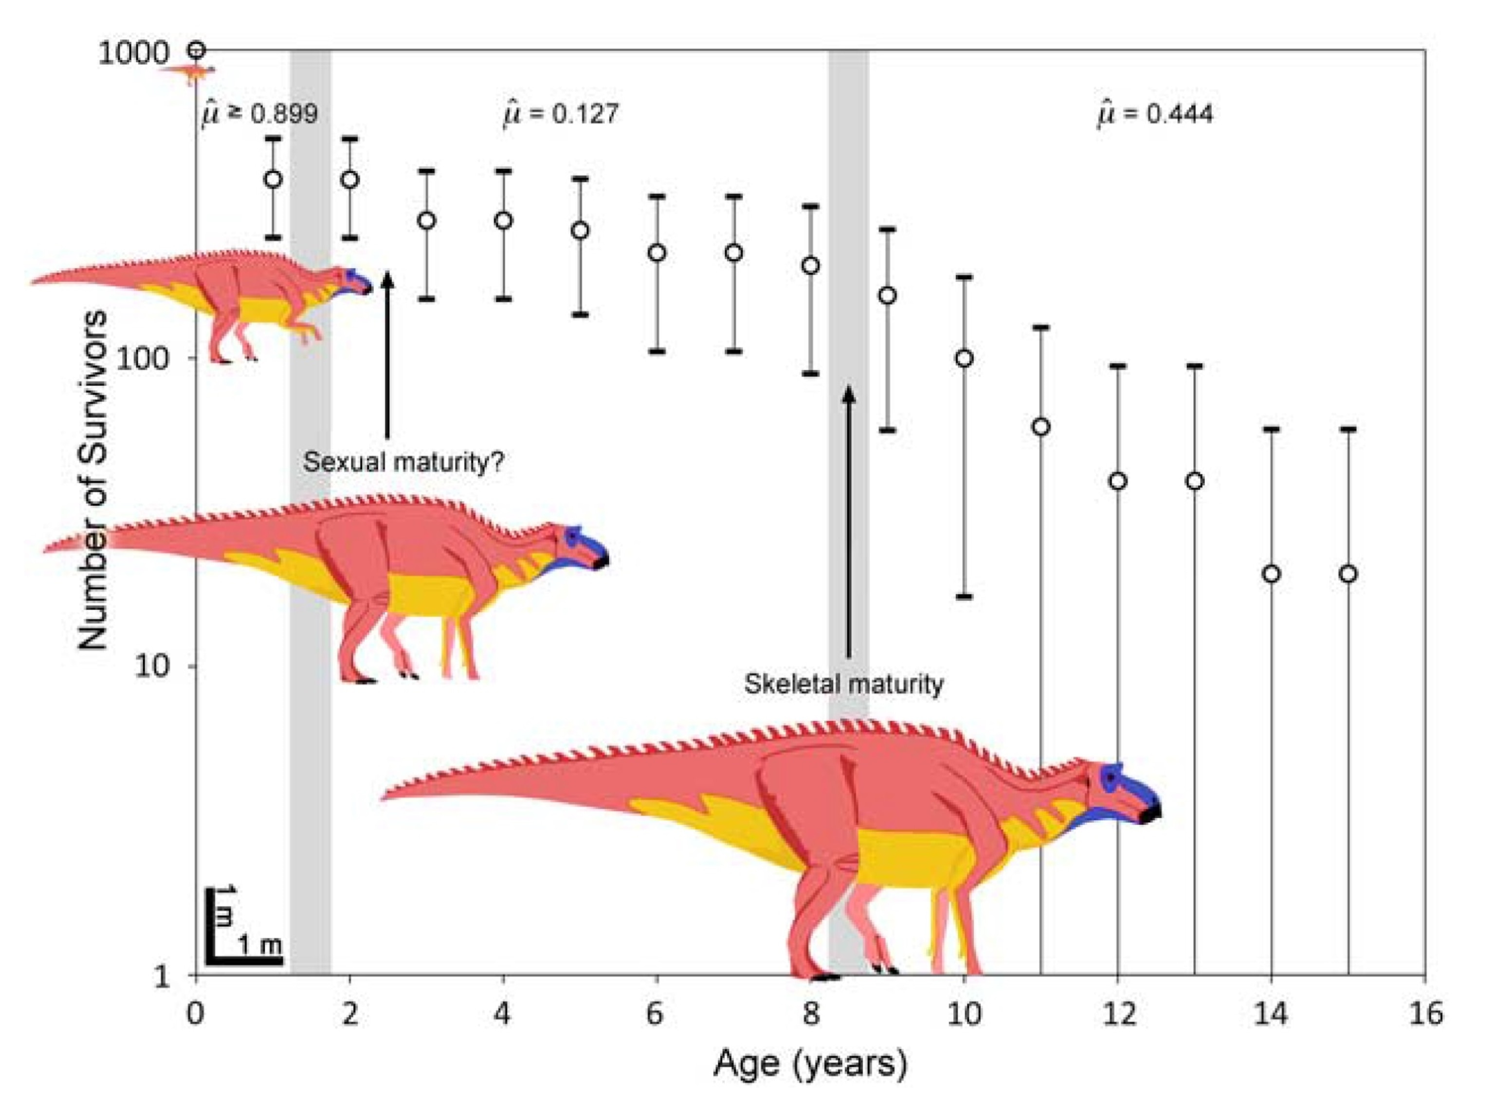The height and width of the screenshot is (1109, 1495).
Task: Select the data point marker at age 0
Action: pyautogui.click(x=196, y=50)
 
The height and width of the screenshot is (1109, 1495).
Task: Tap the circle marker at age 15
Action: pyautogui.click(x=1348, y=574)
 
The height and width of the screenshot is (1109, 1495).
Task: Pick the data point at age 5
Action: pyautogui.click(x=580, y=230)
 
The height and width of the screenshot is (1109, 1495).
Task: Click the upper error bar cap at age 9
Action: pyautogui.click(x=888, y=230)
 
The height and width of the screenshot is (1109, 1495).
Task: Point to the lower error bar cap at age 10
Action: pyautogui.click(x=964, y=596)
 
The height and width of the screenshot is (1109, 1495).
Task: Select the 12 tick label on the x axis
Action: pyautogui.click(x=1118, y=1014)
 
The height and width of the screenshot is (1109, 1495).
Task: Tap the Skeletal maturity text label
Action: pyautogui.click(x=843, y=684)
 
